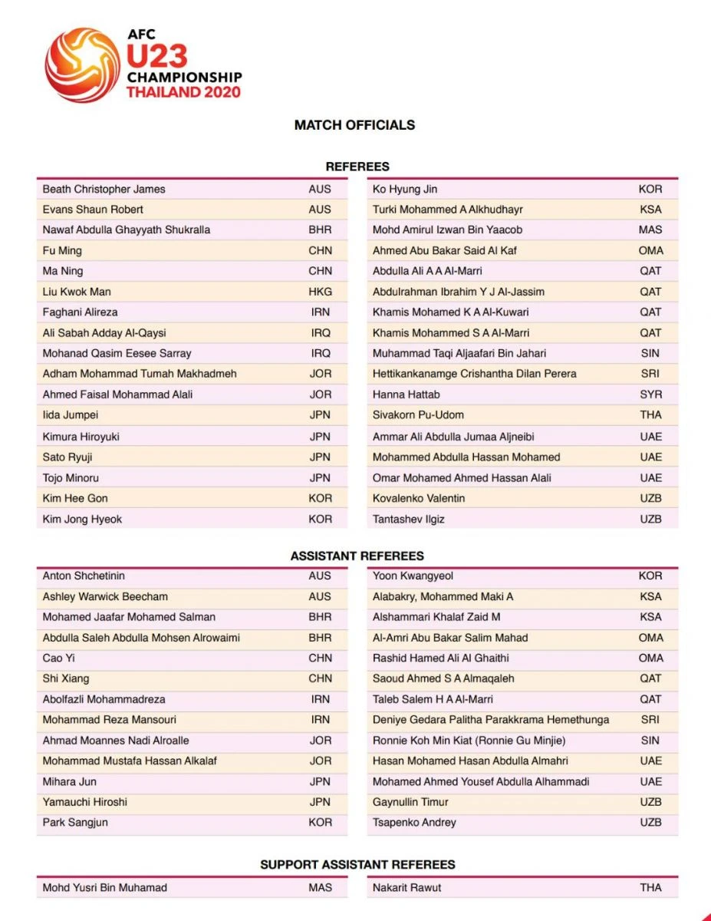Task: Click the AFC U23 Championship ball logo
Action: [82, 65]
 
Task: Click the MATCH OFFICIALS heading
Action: [354, 125]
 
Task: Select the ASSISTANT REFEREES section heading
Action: [357, 556]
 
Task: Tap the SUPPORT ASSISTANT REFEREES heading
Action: [357, 864]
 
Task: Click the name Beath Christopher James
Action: [104, 189]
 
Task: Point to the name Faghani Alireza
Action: [80, 312]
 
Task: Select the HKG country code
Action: [320, 292]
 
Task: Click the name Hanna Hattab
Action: [407, 394]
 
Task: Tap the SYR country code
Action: [650, 394]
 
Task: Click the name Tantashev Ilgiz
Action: [409, 519]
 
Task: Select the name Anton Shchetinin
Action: [84, 576]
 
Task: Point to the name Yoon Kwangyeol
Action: [413, 576]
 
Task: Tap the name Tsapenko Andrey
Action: [414, 822]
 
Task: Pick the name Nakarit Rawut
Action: [408, 887]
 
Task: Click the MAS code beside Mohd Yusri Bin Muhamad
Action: [320, 887]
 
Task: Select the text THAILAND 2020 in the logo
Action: [183, 92]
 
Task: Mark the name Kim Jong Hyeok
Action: [82, 519]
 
